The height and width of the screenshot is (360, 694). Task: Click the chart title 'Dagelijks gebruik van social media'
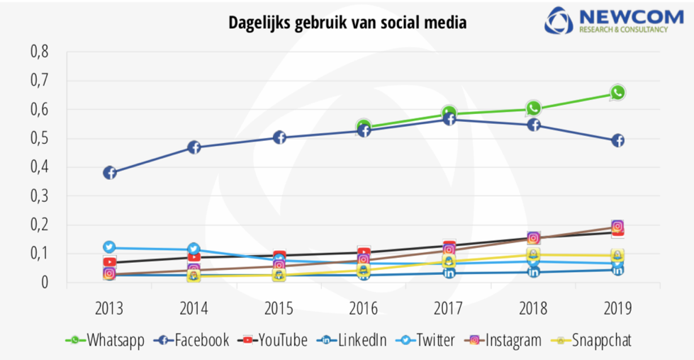click(x=347, y=23)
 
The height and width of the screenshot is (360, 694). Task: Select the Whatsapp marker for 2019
click(x=617, y=92)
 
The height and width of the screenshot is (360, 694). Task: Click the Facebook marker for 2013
click(x=110, y=173)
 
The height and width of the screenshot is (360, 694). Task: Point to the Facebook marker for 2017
click(x=449, y=120)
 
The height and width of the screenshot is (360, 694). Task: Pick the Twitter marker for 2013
click(x=110, y=247)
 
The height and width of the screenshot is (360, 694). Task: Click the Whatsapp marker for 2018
click(x=534, y=108)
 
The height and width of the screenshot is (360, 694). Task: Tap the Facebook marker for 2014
click(x=194, y=147)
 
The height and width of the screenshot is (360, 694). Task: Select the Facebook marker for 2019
click(x=617, y=140)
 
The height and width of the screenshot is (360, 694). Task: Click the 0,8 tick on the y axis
click(x=39, y=52)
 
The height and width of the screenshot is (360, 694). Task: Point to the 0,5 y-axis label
click(x=39, y=138)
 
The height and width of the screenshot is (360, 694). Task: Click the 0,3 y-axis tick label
click(x=39, y=196)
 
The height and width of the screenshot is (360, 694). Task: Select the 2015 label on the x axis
click(x=279, y=308)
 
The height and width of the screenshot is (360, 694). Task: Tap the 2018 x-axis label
click(x=533, y=308)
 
